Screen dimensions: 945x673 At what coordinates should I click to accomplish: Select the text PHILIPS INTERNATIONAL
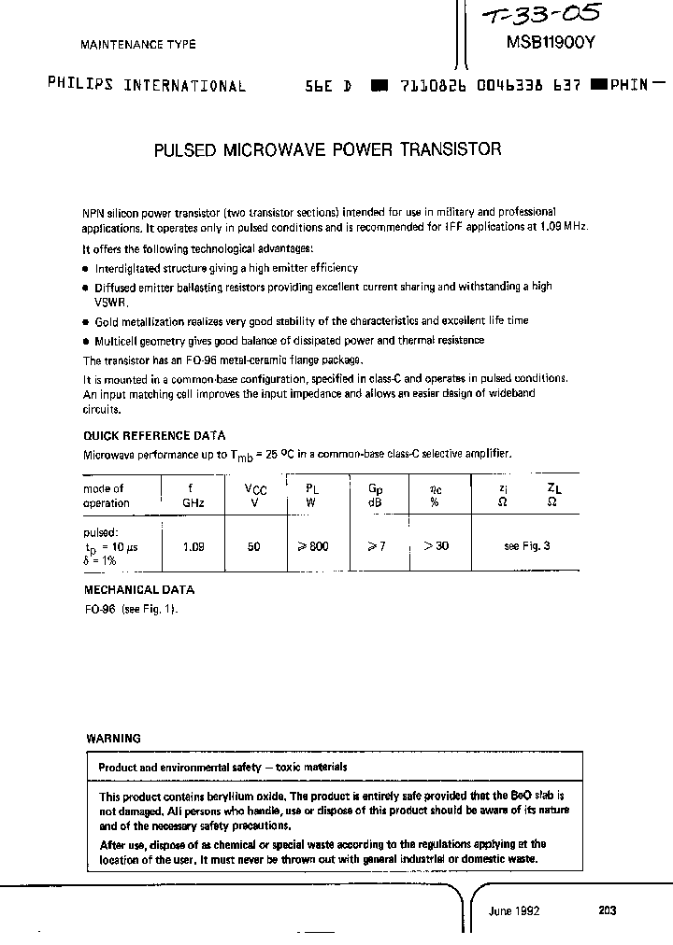[x=147, y=85]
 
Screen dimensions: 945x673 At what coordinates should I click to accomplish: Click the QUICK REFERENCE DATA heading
[x=154, y=436]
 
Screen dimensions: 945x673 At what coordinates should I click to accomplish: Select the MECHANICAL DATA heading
[x=139, y=590]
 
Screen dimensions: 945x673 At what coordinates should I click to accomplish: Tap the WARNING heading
[x=113, y=738]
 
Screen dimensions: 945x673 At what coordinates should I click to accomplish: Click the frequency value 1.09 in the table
[x=193, y=547]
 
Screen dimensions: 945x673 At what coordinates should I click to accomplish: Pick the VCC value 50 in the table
[x=254, y=547]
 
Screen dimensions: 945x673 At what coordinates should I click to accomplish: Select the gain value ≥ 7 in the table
[x=376, y=547]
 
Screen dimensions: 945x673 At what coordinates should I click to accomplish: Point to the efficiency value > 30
[x=436, y=546]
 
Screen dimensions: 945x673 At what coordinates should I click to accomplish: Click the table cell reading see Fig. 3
[x=526, y=547]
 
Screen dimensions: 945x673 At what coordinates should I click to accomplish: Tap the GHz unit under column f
[x=193, y=503]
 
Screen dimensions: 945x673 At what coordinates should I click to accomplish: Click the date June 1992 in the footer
[x=514, y=911]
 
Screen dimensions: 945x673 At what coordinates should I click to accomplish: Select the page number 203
[x=607, y=911]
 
